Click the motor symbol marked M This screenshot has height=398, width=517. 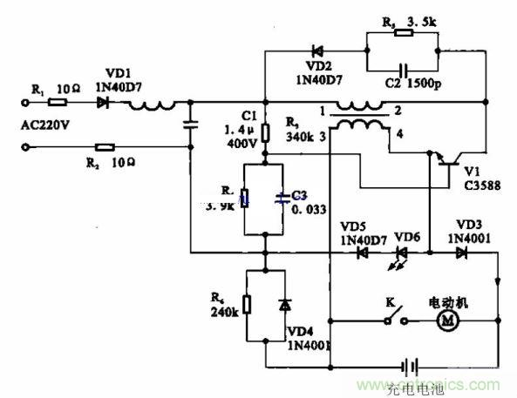450,322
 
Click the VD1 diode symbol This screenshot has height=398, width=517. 105,103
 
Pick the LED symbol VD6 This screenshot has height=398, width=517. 402,253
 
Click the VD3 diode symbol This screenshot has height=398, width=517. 461,253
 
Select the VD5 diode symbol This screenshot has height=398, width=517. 360,253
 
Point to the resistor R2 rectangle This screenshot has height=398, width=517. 105,147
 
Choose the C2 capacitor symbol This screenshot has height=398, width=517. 402,69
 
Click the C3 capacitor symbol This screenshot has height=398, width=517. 282,198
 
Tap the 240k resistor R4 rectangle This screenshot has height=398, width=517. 247,305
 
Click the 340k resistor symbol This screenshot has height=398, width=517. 267,132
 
